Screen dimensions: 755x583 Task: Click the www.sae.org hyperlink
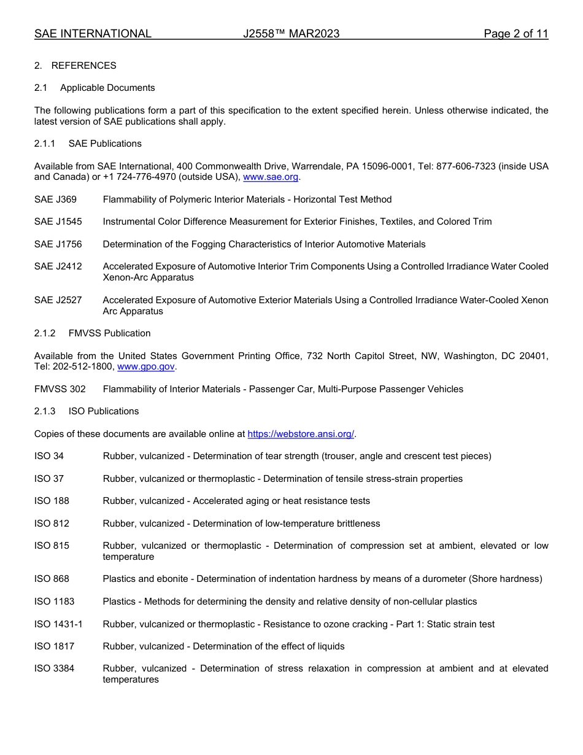[x=271, y=177]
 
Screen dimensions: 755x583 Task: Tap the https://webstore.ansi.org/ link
[x=301, y=434]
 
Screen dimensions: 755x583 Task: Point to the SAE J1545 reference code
[x=58, y=222]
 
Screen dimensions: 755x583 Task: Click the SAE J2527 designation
[x=58, y=300]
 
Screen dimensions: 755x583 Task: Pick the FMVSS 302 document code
[x=60, y=389]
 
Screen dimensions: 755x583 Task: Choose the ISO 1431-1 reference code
[x=58, y=624]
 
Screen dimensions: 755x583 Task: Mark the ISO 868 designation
[x=52, y=579]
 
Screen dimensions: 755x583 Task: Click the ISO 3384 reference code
[x=54, y=668]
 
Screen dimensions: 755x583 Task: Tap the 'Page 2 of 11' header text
[x=515, y=34]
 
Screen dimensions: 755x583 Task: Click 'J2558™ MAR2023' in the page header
[x=291, y=34]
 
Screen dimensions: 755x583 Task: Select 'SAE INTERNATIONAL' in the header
[x=93, y=34]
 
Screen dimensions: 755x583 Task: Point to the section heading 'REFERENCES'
[x=83, y=66]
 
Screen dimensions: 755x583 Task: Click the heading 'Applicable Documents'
[x=107, y=88]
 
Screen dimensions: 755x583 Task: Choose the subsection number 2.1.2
[x=45, y=333]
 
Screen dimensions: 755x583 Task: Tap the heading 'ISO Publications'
[x=104, y=411]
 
